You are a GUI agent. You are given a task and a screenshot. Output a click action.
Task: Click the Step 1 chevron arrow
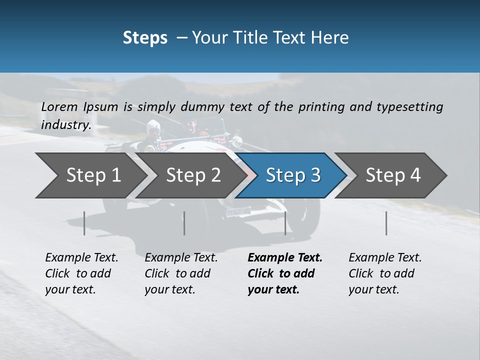click(92, 175)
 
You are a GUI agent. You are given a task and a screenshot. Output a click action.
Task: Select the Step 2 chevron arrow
click(192, 175)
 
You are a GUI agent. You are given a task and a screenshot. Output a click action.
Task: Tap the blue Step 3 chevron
click(292, 175)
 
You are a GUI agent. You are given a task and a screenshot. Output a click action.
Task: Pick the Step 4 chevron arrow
click(392, 175)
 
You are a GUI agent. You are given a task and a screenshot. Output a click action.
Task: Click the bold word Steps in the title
click(145, 37)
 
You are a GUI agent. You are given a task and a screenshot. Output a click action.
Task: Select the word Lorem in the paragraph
click(59, 106)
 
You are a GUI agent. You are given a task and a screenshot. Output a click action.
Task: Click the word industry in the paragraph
click(65, 124)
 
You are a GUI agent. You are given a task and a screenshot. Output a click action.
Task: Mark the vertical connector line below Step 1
click(84, 223)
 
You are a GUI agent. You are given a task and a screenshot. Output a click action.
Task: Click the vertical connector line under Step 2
click(184, 223)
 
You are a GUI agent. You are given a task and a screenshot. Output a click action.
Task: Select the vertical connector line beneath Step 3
click(285, 223)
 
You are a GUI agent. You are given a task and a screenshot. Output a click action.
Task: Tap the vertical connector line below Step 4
click(386, 223)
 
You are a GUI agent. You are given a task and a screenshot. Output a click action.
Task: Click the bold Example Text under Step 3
click(285, 257)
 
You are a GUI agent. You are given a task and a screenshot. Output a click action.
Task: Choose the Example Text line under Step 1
click(81, 257)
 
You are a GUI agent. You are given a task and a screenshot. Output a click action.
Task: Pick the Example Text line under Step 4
click(385, 257)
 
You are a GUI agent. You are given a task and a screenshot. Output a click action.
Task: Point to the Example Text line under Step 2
click(181, 257)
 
